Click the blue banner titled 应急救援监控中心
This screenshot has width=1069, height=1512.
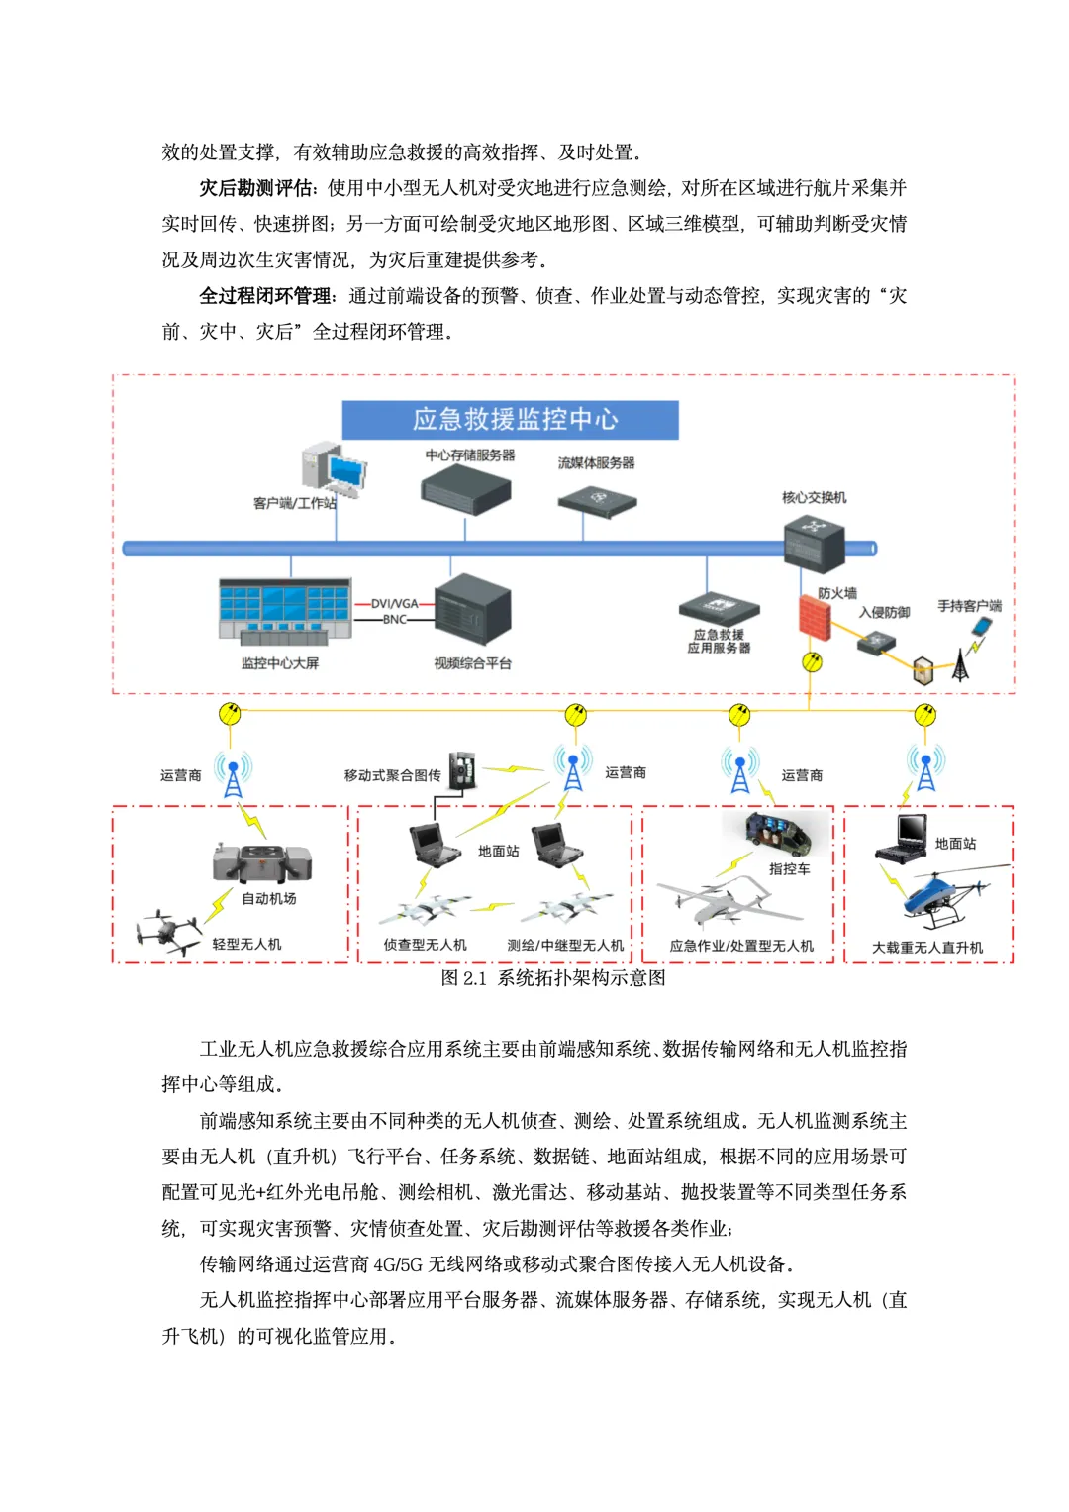coord(510,420)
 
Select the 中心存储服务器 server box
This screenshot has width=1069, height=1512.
coord(465,489)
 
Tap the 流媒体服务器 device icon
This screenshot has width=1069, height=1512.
coord(597,501)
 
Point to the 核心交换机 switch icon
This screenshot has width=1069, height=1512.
coord(814,543)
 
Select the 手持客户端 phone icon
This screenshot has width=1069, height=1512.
coord(982,628)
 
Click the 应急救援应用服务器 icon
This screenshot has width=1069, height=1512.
coord(719,609)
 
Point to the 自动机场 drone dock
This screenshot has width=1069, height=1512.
coord(262,862)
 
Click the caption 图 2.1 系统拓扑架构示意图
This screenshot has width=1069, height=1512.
coord(552,978)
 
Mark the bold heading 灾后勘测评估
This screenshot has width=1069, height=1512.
coord(256,188)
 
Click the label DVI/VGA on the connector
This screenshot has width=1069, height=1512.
coord(394,603)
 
